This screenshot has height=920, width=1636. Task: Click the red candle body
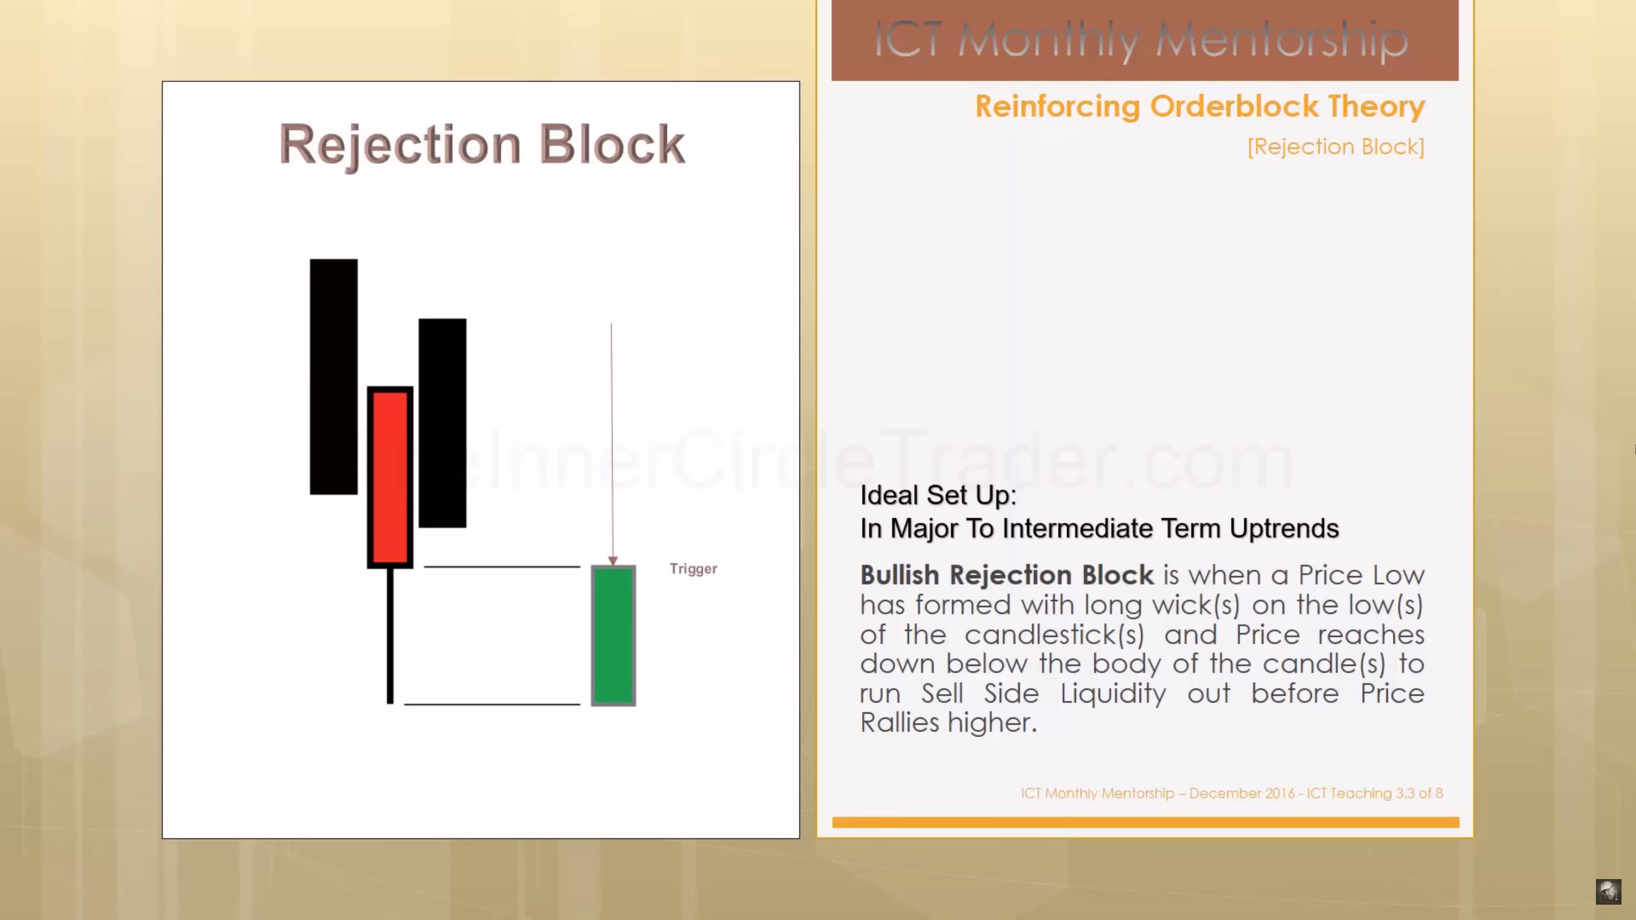coord(390,477)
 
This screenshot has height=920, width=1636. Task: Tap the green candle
coord(613,635)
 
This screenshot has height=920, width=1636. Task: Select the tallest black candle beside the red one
coord(334,377)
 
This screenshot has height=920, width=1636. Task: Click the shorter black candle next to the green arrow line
coord(442,423)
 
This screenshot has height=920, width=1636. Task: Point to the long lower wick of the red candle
coord(390,635)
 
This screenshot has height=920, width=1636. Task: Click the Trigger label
coord(693,569)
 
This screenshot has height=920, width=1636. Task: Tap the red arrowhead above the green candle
coord(612,561)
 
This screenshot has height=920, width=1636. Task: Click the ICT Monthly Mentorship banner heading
coord(1141,40)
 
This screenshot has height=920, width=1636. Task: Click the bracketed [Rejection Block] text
coord(1336,147)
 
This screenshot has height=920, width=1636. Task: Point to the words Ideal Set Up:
coord(938,495)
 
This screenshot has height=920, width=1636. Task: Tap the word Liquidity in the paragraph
coord(1113,693)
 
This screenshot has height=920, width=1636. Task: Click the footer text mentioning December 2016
coord(1231,793)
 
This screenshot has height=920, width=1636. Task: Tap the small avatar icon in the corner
coord(1608,891)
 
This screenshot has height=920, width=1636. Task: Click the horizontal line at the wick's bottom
coord(492,704)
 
